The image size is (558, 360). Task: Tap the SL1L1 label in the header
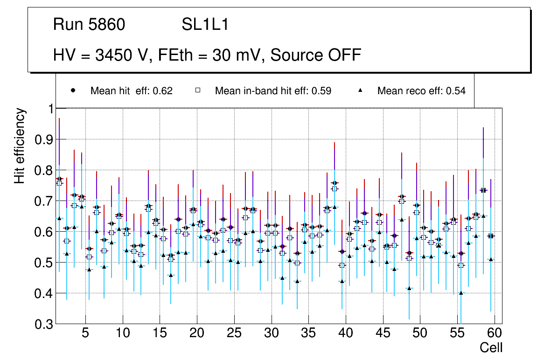point(205,25)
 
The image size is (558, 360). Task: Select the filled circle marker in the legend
point(73,90)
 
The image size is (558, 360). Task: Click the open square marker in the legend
point(198,90)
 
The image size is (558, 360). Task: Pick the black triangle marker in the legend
point(360,90)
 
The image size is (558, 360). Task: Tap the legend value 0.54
point(456,91)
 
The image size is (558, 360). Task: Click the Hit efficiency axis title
point(20,145)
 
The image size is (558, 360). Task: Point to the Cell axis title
point(491,347)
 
